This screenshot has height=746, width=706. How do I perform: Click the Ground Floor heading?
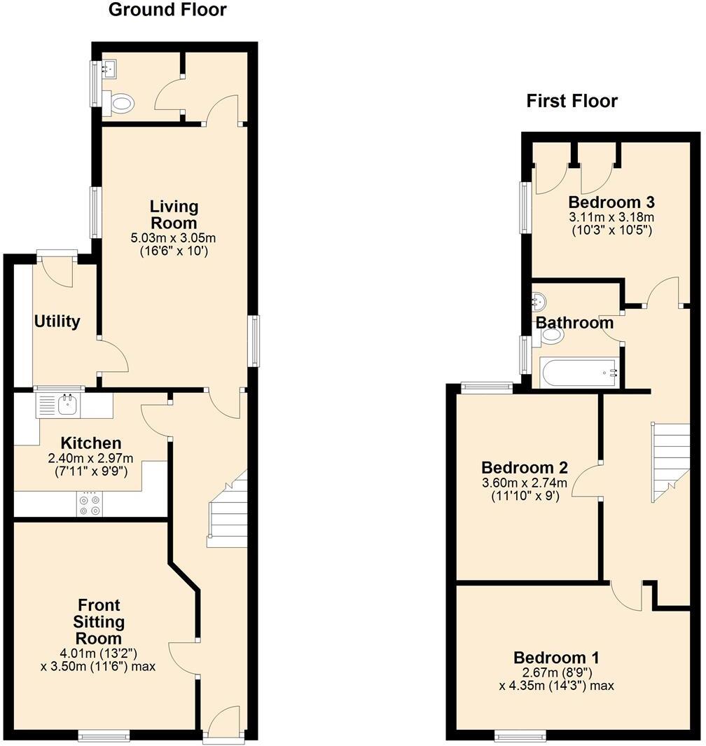point(167,10)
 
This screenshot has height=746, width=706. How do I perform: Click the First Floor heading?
point(572,102)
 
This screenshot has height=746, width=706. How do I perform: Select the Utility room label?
point(57,322)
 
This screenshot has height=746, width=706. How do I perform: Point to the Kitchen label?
point(91,443)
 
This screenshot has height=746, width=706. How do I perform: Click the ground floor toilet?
point(119,105)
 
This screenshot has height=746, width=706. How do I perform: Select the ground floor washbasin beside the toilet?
point(108,69)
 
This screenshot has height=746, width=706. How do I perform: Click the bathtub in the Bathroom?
point(579,373)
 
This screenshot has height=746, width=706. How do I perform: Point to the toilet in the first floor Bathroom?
point(551,336)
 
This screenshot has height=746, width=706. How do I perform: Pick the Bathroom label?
point(574,323)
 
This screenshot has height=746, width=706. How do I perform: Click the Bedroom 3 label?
point(611,202)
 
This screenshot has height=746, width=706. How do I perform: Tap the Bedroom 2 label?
point(524,467)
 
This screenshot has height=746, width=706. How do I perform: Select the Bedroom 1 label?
point(556,658)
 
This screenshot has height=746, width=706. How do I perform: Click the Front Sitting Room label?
point(98,621)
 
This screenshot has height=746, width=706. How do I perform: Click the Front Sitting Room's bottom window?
point(104,734)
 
